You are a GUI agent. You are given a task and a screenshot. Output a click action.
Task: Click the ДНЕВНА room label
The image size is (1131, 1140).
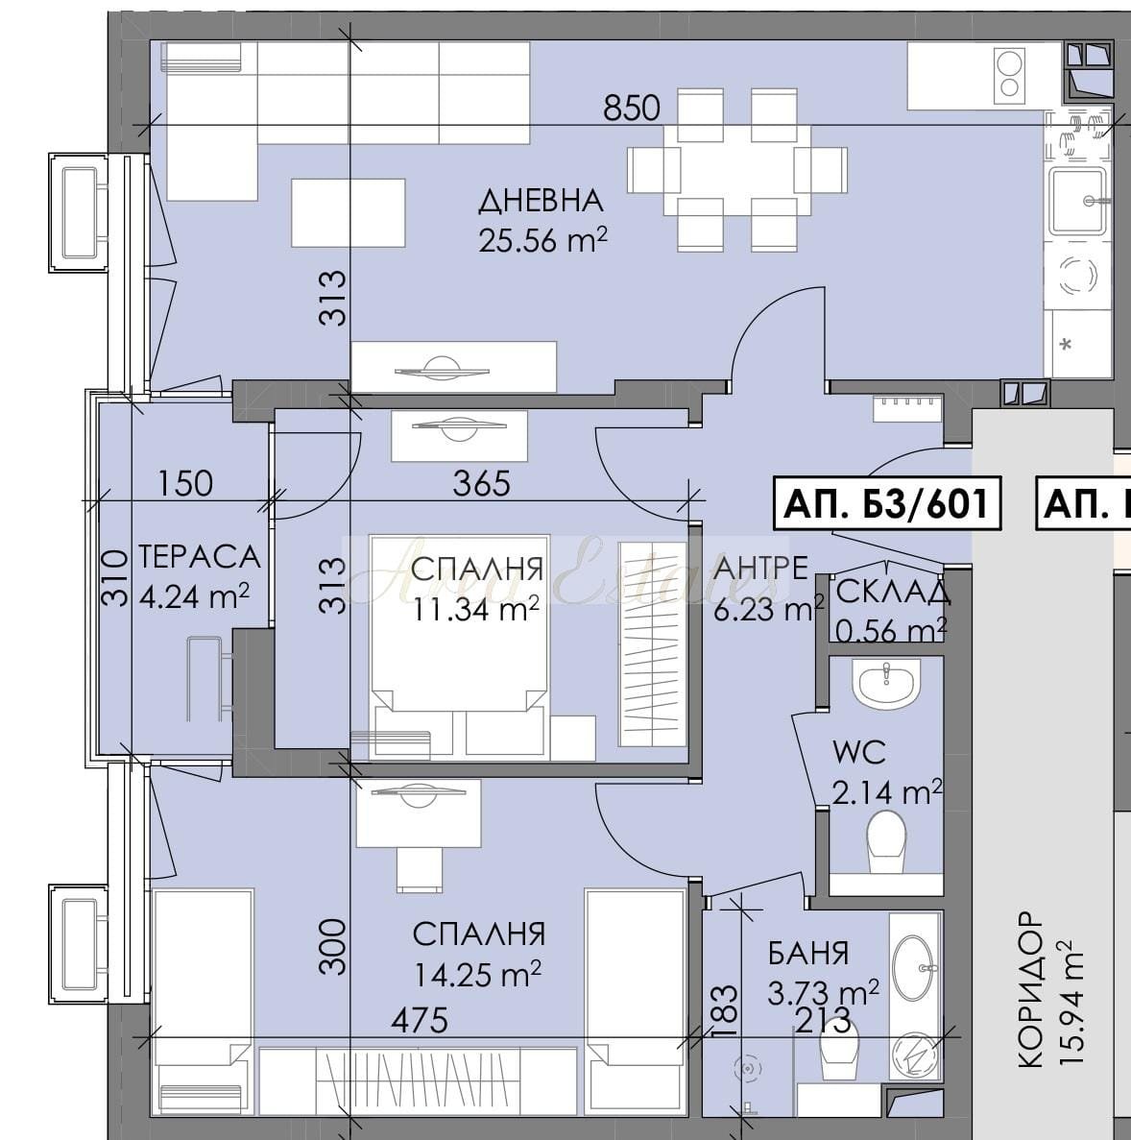coord(541,201)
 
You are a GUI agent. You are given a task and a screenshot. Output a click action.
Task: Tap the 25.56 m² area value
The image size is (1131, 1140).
coord(542,239)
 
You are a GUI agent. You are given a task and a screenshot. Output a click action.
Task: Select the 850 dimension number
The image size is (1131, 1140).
coord(632,109)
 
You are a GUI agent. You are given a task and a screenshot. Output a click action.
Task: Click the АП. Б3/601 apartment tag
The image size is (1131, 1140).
coord(887,502)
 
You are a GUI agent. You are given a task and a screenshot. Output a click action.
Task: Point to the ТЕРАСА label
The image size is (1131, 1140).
coord(199,557)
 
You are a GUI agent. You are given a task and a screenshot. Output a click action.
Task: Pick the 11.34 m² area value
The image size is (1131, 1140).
coord(477,609)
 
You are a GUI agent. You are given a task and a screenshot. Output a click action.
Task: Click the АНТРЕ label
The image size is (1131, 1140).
coord(760,568)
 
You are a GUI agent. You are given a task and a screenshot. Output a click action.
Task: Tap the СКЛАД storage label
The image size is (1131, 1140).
coord(893,592)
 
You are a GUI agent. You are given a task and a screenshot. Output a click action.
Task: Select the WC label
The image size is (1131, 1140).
coord(859,753)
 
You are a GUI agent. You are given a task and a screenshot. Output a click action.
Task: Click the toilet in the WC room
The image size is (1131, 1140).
coord(886,842)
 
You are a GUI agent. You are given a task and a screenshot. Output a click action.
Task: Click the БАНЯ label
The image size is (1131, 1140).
coord(808,953)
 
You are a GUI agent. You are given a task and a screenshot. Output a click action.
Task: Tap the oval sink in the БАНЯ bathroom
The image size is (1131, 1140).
coord(914,967)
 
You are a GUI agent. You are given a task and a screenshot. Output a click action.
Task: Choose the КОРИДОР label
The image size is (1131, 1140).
coord(1032,989)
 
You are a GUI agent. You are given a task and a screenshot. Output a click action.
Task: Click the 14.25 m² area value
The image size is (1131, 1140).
coord(477,974)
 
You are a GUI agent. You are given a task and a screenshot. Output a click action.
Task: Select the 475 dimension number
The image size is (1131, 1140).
coord(420,1020)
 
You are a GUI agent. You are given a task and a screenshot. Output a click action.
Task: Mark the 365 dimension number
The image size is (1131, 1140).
coord(481,483)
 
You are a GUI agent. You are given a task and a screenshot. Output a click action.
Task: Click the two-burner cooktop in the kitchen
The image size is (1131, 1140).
coord(1009,73)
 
